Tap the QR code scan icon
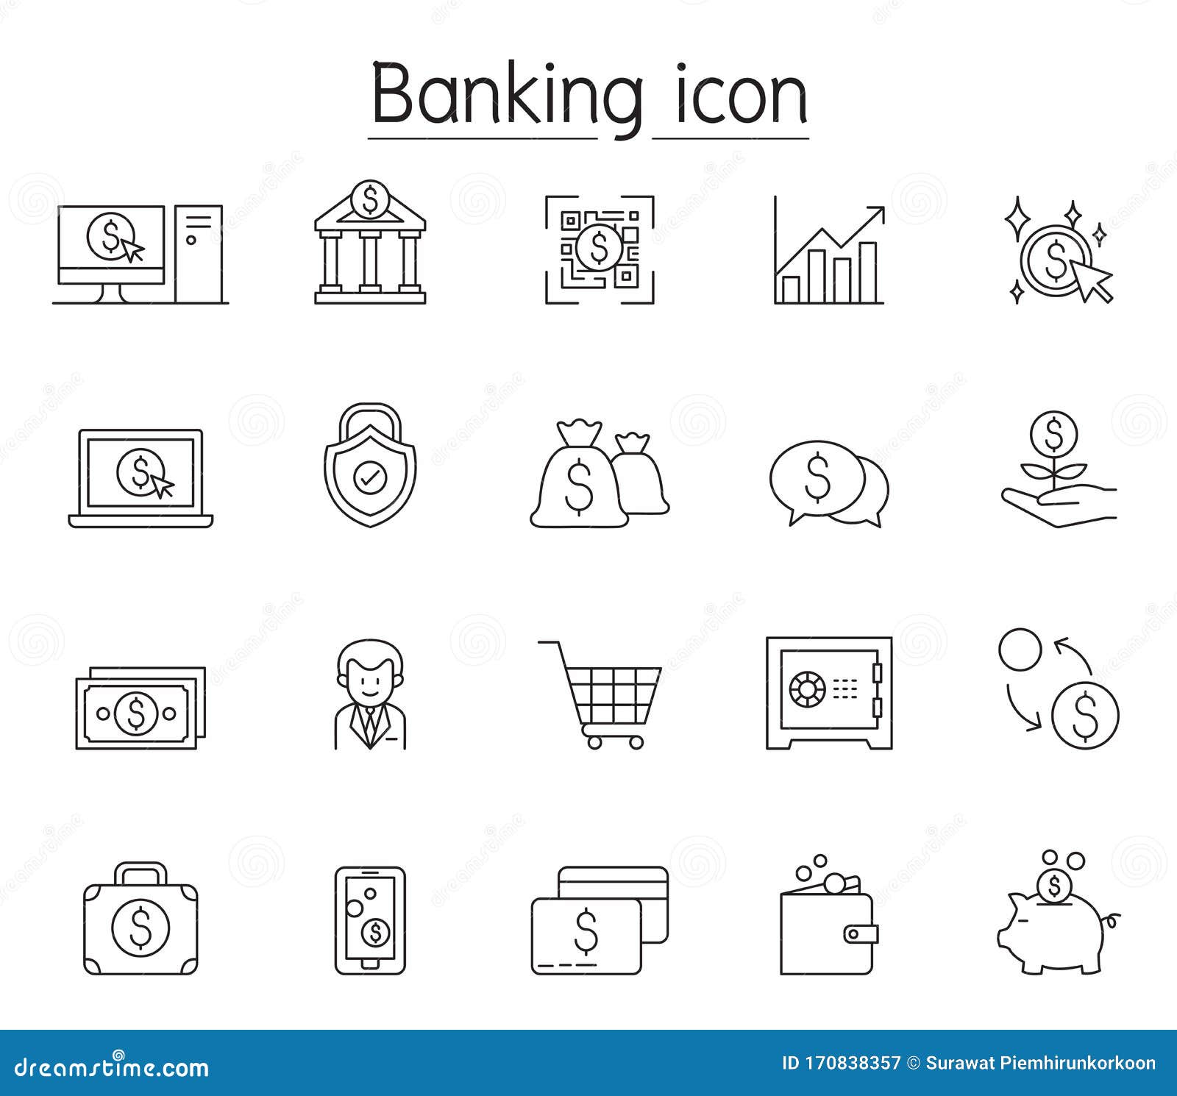tap(600, 249)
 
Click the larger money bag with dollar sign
tap(578, 482)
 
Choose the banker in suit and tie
tap(370, 695)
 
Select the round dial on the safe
tap(807, 689)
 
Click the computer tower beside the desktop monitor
tap(199, 254)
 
